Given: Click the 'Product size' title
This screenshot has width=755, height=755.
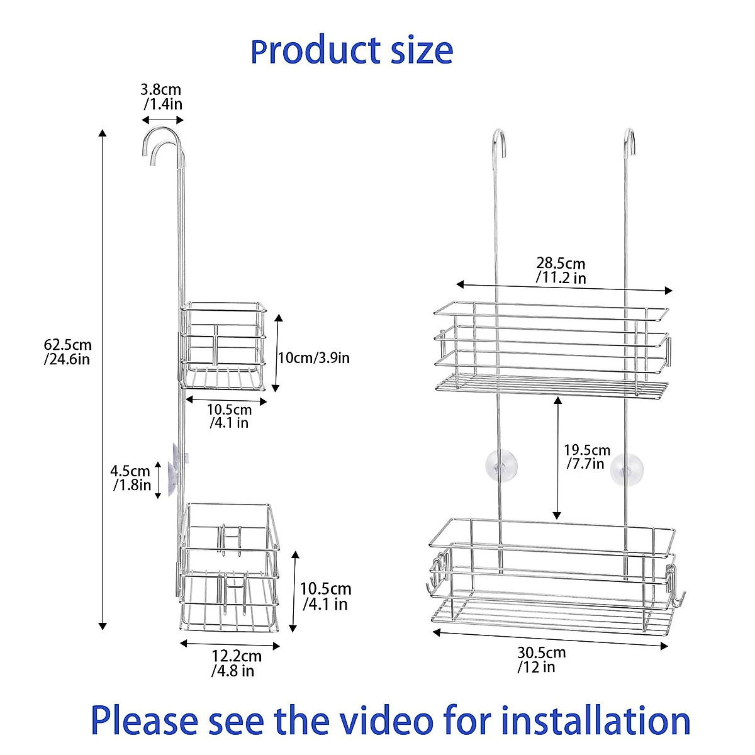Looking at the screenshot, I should [352, 51].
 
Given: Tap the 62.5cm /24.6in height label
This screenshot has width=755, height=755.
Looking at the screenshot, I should [67, 352].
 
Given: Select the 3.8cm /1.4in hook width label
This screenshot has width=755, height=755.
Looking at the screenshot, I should [162, 96].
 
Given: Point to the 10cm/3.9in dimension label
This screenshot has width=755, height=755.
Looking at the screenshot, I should [313, 358].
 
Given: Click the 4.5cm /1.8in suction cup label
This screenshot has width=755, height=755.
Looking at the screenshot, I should [131, 478].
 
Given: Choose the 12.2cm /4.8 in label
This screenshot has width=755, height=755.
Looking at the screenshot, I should [235, 663].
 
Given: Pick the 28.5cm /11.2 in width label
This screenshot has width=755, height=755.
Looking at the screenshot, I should [561, 270].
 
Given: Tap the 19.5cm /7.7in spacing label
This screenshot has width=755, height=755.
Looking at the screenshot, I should [586, 457].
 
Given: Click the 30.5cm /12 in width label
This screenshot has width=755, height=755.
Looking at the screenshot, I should [540, 659].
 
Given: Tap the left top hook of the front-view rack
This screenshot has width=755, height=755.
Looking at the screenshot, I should [498, 140].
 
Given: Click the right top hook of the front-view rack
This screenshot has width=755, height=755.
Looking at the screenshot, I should [629, 140].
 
